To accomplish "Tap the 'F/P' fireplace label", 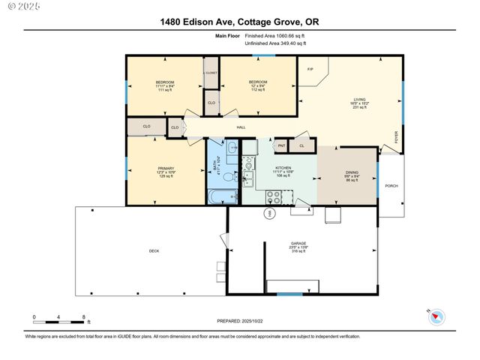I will pyautogui.click(x=310, y=70).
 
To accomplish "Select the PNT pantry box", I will pyautogui.click(x=282, y=145).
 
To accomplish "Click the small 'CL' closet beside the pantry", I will pyautogui.click(x=301, y=145).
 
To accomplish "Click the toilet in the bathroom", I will pyautogui.click(x=233, y=148).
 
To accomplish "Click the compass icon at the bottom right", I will pyautogui.click(x=437, y=316).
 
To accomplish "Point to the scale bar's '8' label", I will pyautogui.click(x=84, y=317).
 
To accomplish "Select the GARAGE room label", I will pyautogui.click(x=299, y=243).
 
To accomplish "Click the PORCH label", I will pyautogui.click(x=391, y=185).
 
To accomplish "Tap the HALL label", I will pyautogui.click(x=241, y=127).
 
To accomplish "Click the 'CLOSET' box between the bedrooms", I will pyautogui.click(x=211, y=73).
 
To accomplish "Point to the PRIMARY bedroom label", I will pyautogui.click(x=166, y=168).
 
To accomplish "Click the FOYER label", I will pyautogui.click(x=397, y=136).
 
